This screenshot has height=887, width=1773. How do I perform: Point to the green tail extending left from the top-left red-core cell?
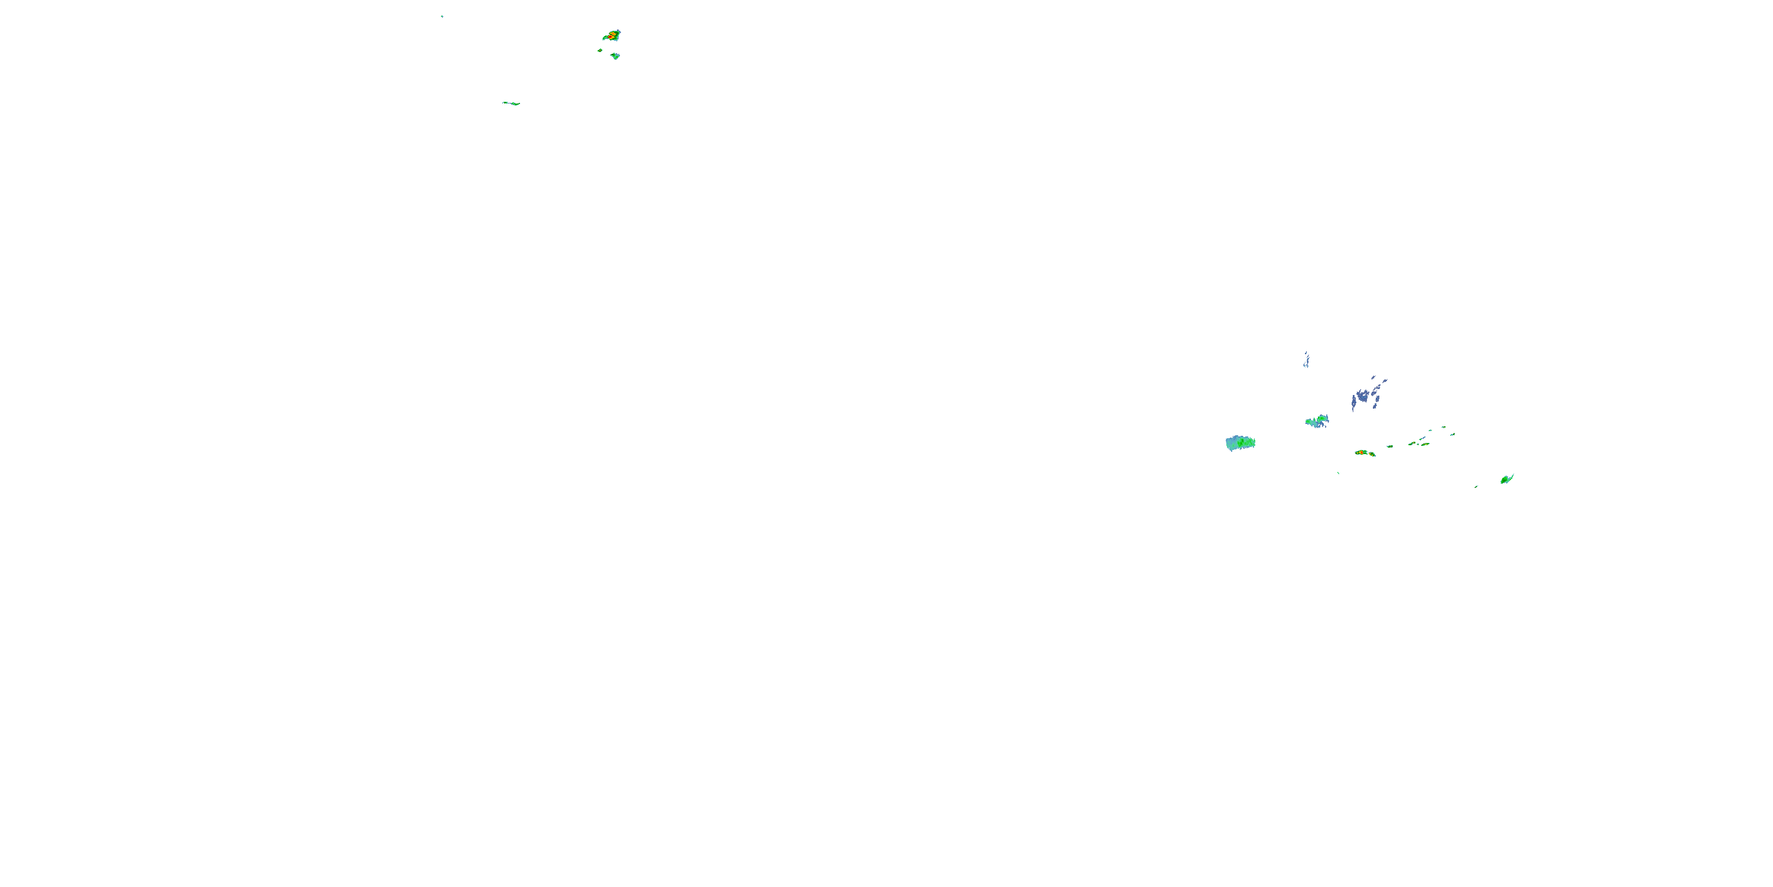pos(605,38)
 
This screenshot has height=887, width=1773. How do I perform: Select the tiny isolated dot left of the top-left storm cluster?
pos(442,16)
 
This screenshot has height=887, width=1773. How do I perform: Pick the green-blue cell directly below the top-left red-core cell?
pos(615,56)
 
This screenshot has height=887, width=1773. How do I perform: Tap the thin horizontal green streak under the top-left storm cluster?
pos(511,103)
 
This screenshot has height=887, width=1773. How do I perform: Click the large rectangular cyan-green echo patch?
pos(1239,443)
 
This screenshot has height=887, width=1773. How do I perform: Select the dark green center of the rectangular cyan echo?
pos(1243,444)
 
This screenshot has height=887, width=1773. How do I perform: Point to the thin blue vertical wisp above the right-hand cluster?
pos(1306,360)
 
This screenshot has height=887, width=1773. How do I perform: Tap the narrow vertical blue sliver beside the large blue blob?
pos(1353,403)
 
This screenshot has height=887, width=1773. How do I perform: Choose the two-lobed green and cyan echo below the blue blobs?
pos(1317,421)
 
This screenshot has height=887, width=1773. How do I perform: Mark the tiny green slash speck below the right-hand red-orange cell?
pos(1338,472)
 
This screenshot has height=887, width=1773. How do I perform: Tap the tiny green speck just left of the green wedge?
pos(1476,486)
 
